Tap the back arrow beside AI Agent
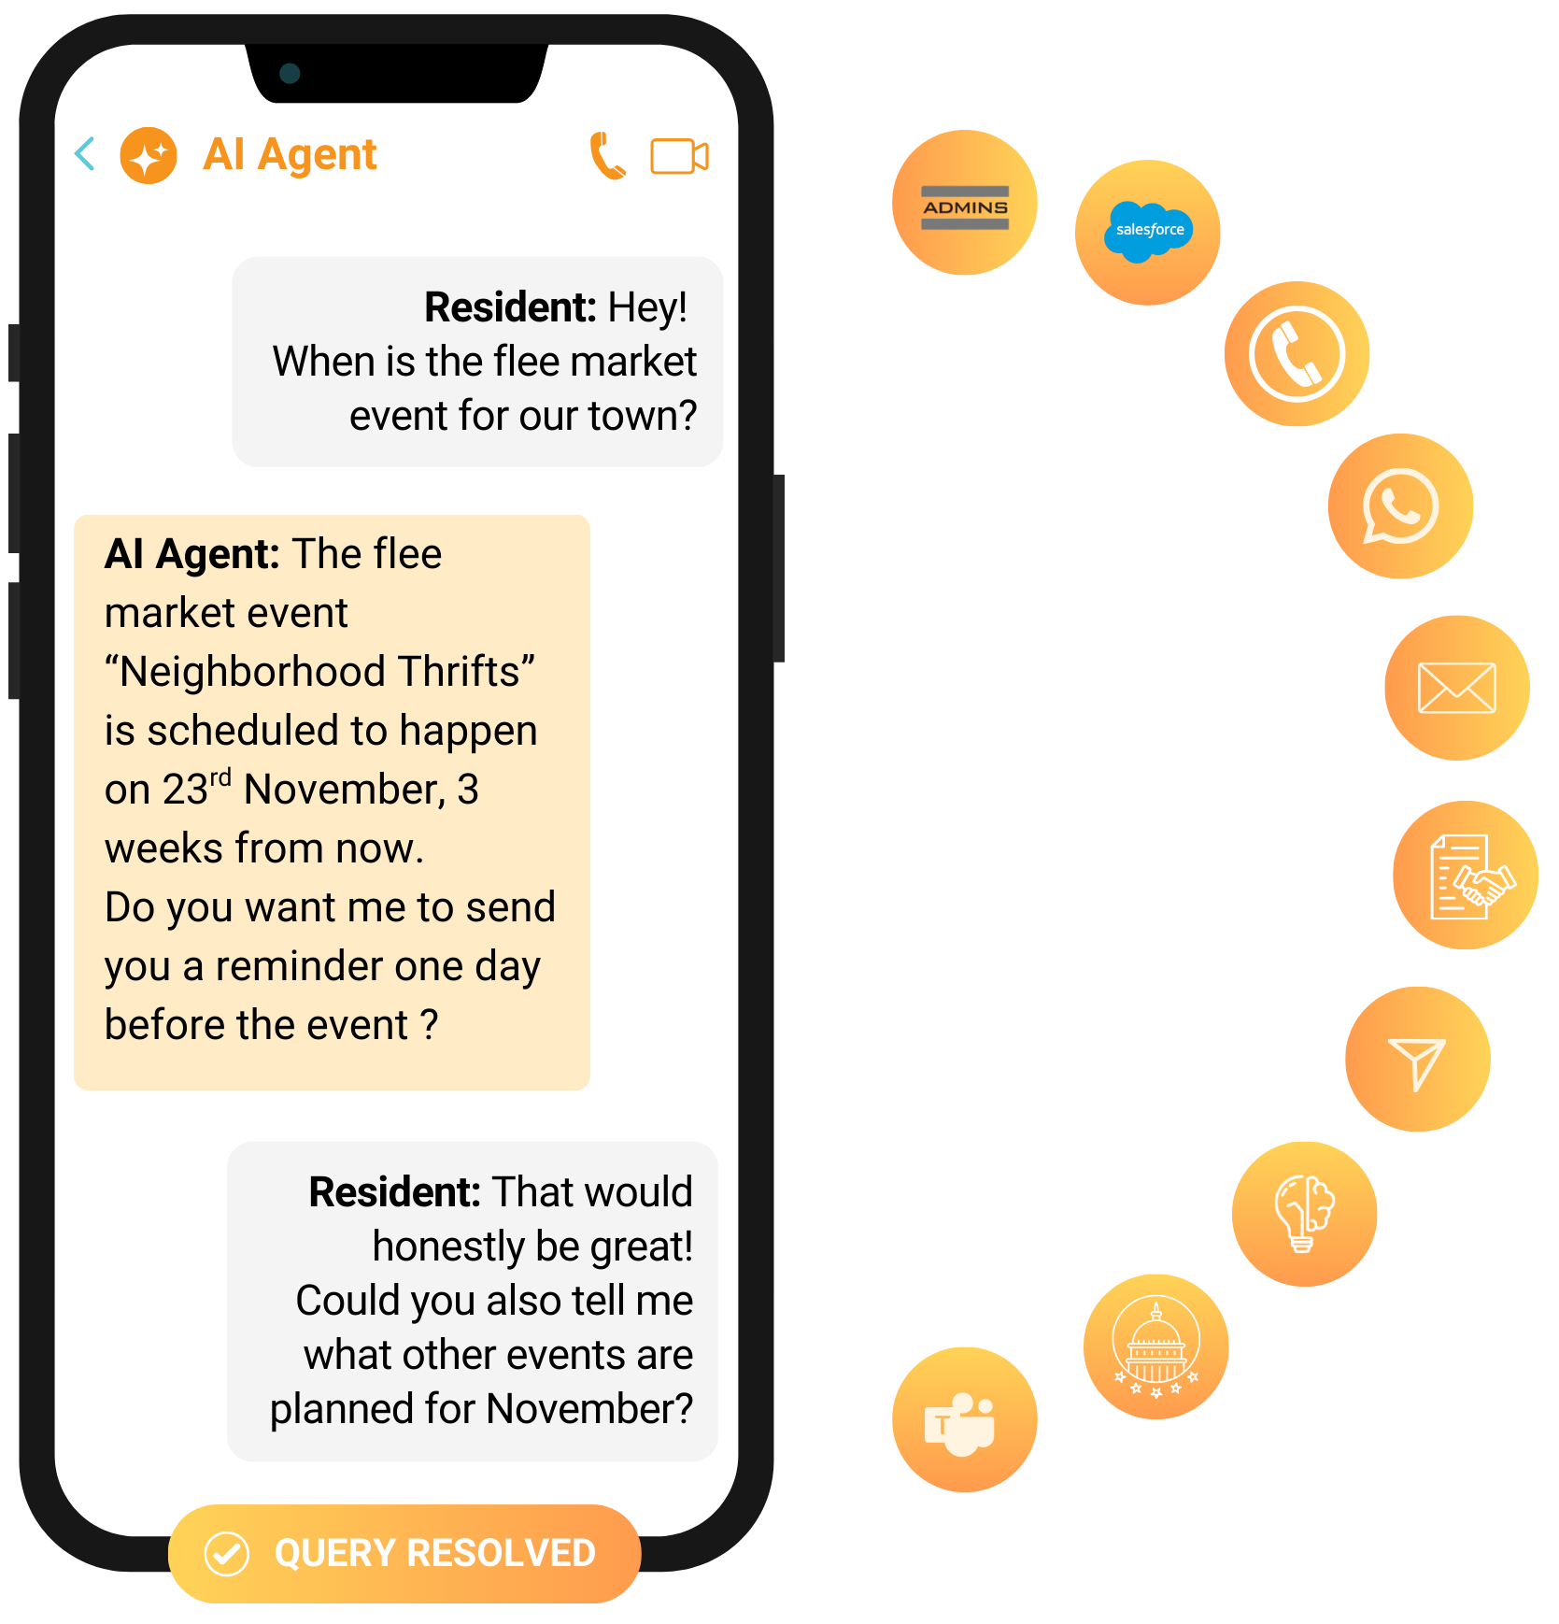click(85, 154)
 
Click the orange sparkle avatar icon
click(149, 156)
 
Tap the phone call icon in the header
click(607, 156)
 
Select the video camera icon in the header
click(679, 156)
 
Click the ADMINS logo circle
click(965, 204)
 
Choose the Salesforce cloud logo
click(1148, 231)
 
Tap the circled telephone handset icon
click(1297, 354)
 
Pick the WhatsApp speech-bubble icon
click(1400, 506)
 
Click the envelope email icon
click(1456, 688)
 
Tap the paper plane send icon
click(1417, 1061)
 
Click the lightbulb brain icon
click(1304, 1214)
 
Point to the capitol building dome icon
click(1155, 1346)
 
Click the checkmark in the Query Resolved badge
click(227, 1554)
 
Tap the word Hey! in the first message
click(647, 308)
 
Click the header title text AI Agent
click(290, 154)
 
